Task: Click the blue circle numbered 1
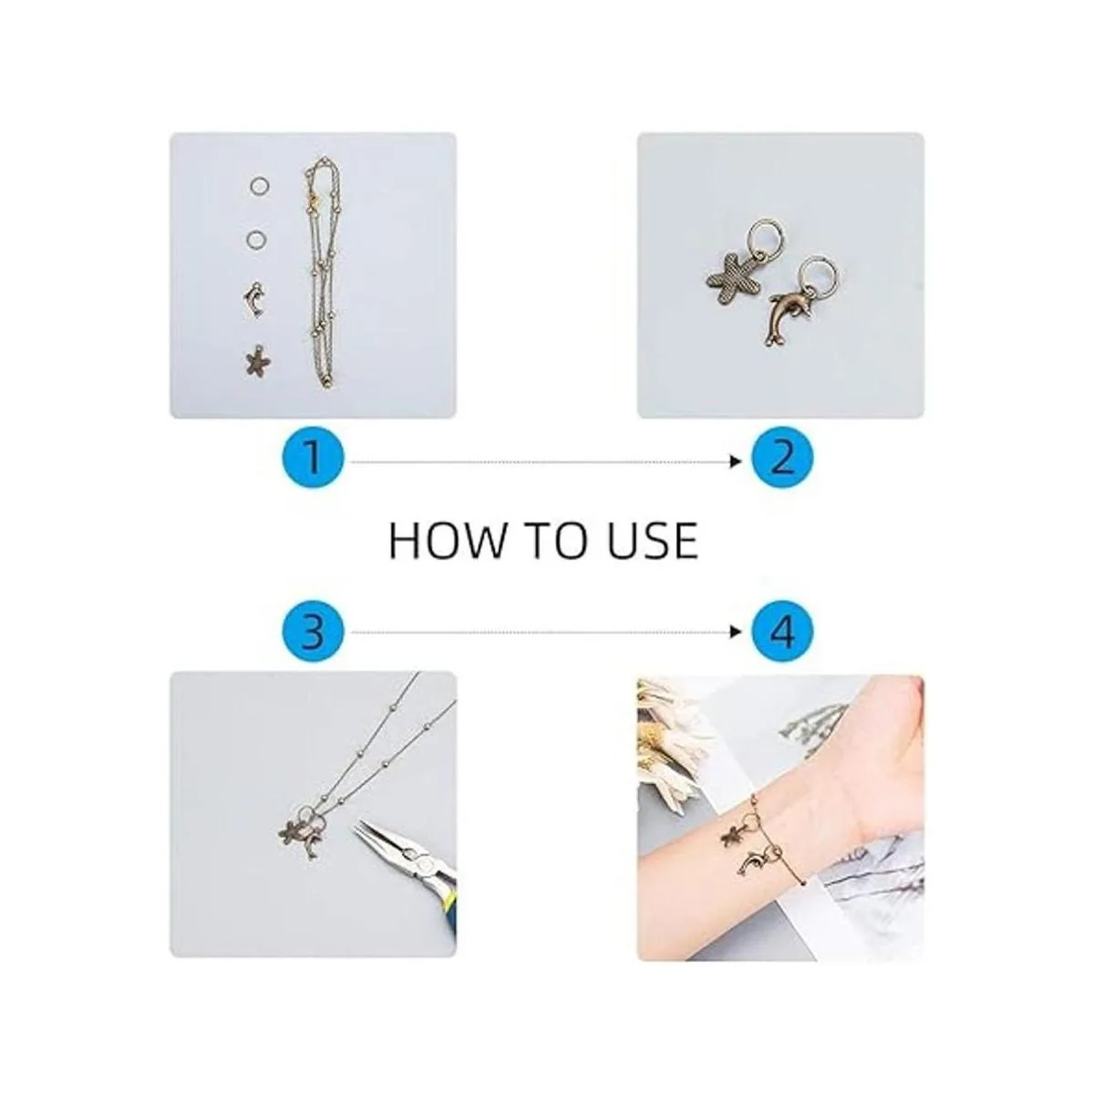point(313,460)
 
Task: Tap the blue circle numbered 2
point(781,460)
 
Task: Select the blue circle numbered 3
point(313,631)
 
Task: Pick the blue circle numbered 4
point(781,631)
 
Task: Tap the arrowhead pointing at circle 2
point(737,461)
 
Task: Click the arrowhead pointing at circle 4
point(737,632)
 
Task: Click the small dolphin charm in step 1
point(254,299)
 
